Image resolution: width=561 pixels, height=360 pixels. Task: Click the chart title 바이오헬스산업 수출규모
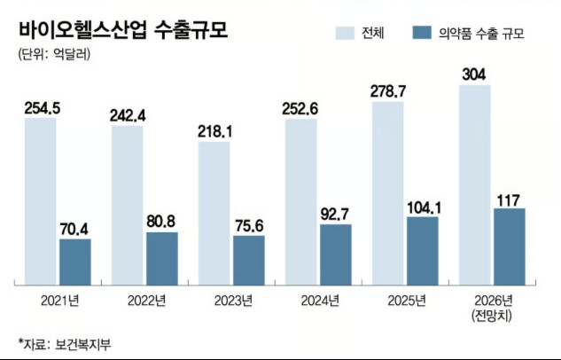[123, 30]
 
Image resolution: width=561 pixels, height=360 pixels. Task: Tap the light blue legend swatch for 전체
[345, 33]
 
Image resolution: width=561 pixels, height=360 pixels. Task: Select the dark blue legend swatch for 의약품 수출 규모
[422, 33]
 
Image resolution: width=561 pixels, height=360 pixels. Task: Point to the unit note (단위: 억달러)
[54, 54]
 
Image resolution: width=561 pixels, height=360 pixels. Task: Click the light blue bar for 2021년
[41, 201]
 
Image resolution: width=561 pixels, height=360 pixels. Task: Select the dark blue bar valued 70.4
[75, 262]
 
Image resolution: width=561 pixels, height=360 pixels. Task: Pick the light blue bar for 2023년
[214, 214]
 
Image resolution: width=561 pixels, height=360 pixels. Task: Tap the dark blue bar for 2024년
[336, 254]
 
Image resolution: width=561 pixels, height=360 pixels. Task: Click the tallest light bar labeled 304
[474, 185]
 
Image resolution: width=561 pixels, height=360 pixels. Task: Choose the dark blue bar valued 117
[510, 247]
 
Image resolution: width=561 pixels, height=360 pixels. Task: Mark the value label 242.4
[128, 115]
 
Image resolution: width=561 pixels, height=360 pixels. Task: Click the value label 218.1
[215, 132]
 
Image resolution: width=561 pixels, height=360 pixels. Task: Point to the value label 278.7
[388, 91]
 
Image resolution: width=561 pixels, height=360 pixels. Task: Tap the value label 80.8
[161, 222]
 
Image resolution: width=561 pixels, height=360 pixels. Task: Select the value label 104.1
[424, 207]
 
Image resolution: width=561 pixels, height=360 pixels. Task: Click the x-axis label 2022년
[147, 301]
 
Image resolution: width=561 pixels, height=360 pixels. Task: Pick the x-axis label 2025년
[407, 301]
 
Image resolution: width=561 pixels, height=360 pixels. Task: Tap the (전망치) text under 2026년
[492, 316]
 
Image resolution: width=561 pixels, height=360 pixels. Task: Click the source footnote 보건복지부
[83, 344]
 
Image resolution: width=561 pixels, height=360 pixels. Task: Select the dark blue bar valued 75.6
[249, 261]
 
